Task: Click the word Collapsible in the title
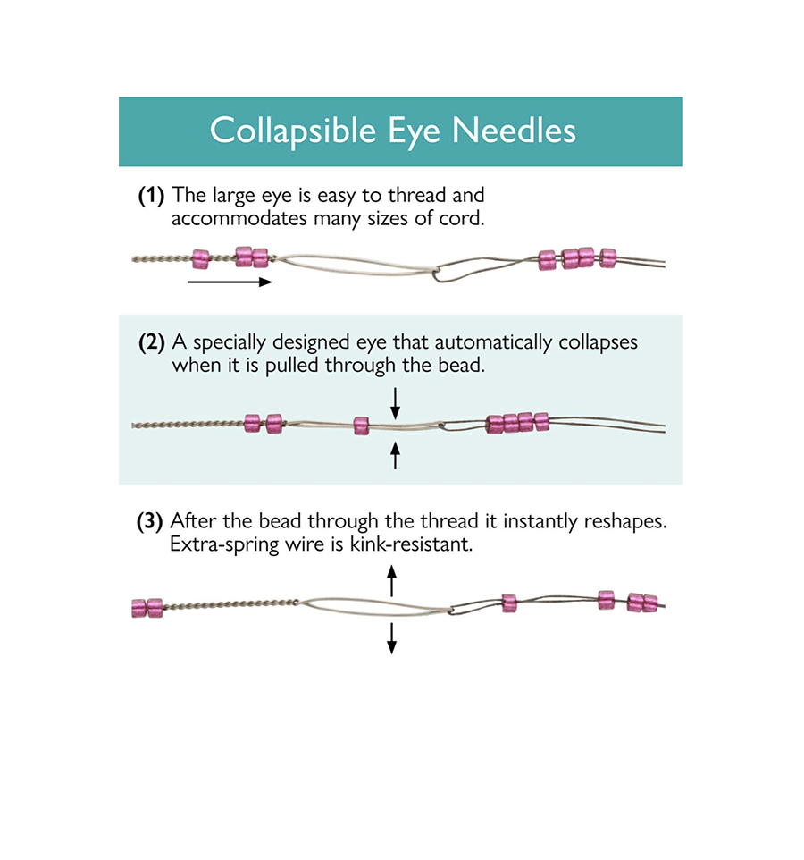point(293,131)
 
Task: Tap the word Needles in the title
point(514,131)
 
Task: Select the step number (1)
point(151,196)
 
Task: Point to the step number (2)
point(152,342)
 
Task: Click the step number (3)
point(149,521)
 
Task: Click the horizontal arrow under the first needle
point(230,282)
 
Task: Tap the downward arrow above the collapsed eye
point(395,403)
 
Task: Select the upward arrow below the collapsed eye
point(395,455)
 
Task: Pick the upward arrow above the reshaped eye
point(391,581)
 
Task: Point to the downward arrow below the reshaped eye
point(391,638)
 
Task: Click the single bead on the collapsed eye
point(361,426)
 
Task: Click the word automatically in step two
point(493,342)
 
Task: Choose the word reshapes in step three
point(624,521)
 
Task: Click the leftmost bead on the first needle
point(201,259)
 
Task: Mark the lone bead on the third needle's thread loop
point(509,603)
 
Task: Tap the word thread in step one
point(417,195)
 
